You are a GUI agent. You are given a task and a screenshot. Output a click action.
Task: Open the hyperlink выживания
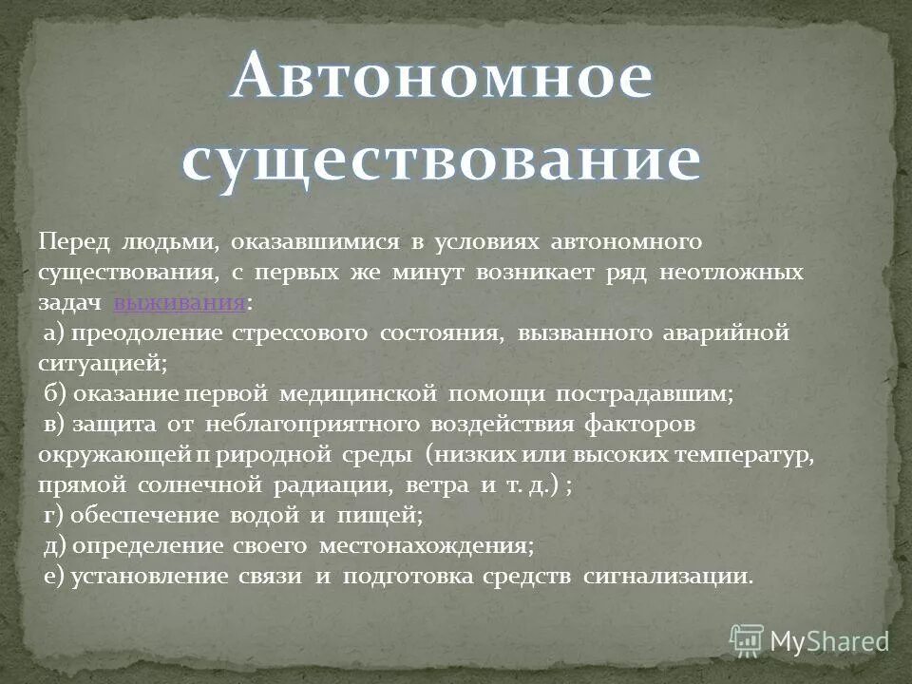pyautogui.click(x=180, y=303)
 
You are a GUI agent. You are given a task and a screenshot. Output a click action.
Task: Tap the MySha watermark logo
pyautogui.click(x=809, y=640)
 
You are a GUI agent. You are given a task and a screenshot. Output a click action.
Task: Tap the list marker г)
pyautogui.click(x=54, y=516)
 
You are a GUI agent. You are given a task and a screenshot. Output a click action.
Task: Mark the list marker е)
pyautogui.click(x=55, y=577)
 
